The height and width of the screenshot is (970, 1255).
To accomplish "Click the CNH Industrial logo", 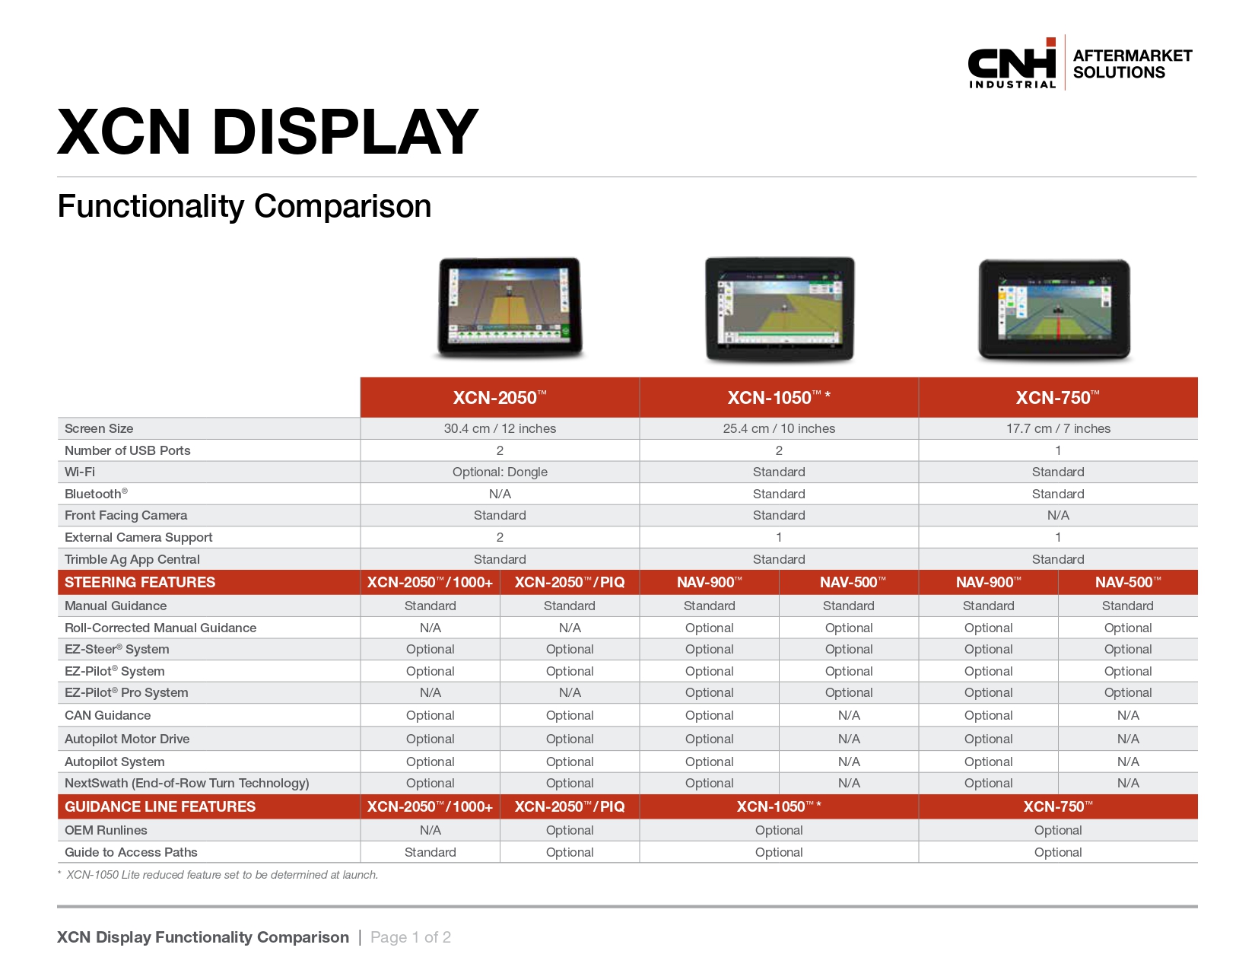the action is pos(1012,63).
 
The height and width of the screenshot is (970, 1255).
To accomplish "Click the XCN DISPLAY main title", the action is pos(268,132).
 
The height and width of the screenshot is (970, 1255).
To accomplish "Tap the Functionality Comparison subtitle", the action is pos(244,206).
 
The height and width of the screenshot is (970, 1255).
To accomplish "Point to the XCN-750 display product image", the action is pos(1054,310).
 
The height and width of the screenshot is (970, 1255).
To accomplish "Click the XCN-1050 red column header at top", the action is pos(779,397).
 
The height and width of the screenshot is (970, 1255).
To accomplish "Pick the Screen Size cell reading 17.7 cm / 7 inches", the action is pos(1058,428).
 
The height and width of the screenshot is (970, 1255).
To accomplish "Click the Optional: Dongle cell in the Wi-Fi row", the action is pos(500,472).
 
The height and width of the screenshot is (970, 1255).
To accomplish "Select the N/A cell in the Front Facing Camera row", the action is pos(1058,515).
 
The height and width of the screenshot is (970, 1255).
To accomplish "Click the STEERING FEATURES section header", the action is pos(140,582).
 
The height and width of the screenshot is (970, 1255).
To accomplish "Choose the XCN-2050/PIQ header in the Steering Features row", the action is pos(570,582).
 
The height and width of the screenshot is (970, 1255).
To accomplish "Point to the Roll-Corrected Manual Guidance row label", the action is pos(160,628).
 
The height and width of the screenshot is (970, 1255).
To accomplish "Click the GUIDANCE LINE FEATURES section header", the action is pos(160,806).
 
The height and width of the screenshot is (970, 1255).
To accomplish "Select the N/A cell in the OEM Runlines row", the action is pos(431,830).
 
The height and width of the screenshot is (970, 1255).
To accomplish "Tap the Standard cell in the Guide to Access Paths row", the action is pos(431,852).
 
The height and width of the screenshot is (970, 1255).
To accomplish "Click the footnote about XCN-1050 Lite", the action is pos(218,875).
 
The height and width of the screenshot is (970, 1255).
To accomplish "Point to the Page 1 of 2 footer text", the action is pos(411,937).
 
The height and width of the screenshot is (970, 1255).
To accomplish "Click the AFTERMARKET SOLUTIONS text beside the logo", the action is pos(1133,64).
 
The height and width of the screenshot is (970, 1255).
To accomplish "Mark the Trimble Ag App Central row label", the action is pos(132,559).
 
